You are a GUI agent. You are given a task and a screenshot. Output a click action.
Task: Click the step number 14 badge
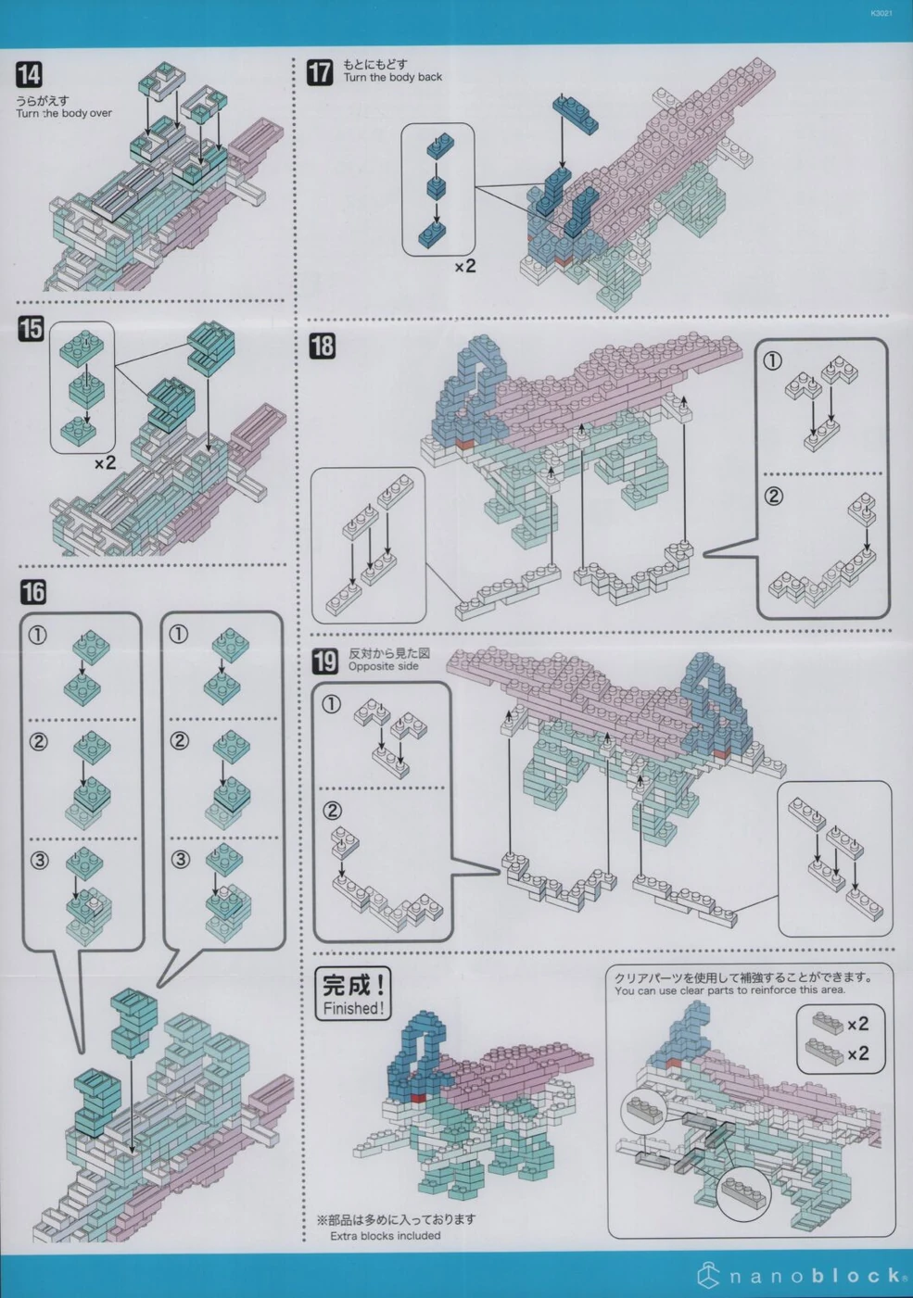pyautogui.click(x=29, y=75)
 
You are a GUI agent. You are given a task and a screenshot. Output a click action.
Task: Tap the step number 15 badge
pyautogui.click(x=31, y=328)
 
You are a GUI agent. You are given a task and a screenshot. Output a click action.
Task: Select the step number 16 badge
pyautogui.click(x=33, y=592)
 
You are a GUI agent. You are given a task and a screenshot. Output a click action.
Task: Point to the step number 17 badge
pyautogui.click(x=320, y=72)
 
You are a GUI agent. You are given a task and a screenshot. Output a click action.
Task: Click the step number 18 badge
pyautogui.click(x=322, y=347)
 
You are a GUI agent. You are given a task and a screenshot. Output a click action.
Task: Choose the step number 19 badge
pyautogui.click(x=324, y=661)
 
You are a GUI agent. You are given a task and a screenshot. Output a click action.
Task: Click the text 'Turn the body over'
pyautogui.click(x=63, y=114)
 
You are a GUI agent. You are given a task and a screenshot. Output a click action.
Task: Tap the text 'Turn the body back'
pyautogui.click(x=392, y=78)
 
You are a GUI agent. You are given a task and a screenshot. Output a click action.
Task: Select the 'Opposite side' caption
pyautogui.click(x=383, y=666)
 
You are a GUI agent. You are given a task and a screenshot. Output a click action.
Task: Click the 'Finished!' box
pyautogui.click(x=352, y=994)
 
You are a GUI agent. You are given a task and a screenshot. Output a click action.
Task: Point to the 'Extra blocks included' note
pyautogui.click(x=385, y=1236)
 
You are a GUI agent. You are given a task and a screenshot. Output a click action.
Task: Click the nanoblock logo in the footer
pyautogui.click(x=803, y=1276)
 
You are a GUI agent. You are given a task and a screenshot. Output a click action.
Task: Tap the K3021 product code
pyautogui.click(x=881, y=14)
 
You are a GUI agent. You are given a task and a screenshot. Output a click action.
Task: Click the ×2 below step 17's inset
pyautogui.click(x=464, y=267)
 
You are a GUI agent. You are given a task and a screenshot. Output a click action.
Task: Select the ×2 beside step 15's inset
pyautogui.click(x=105, y=462)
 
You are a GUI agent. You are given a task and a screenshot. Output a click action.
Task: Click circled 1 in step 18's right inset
pyautogui.click(x=772, y=360)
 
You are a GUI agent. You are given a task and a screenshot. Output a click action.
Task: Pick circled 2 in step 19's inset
pyautogui.click(x=332, y=811)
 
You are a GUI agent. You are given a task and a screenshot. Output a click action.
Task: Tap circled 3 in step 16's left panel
pyautogui.click(x=39, y=860)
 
